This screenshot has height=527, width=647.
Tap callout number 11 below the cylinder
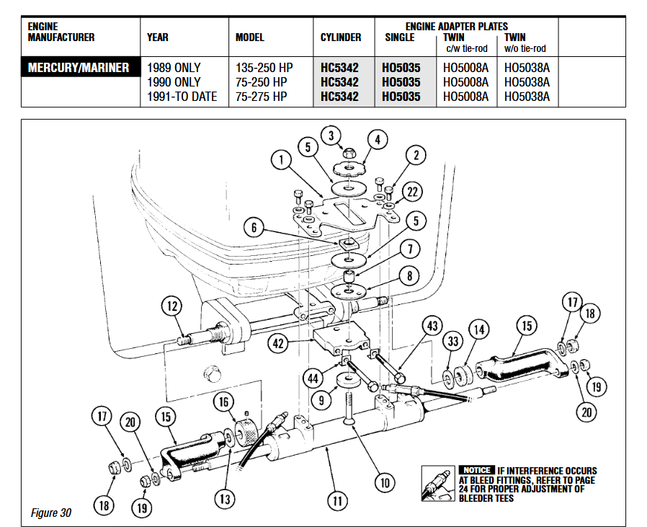pyautogui.click(x=337, y=499)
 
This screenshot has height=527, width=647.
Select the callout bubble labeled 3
pyautogui.click(x=331, y=135)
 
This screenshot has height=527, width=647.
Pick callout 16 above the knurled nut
pyautogui.click(x=223, y=402)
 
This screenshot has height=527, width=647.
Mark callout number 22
pyautogui.click(x=412, y=192)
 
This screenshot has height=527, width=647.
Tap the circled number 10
pyautogui.click(x=384, y=481)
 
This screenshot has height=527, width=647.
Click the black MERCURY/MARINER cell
pyautogui.click(x=79, y=68)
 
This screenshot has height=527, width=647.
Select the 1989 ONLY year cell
pyautogui.click(x=174, y=68)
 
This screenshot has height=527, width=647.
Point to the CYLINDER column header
pyautogui.click(x=341, y=37)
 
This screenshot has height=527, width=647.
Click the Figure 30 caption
pyautogui.click(x=51, y=513)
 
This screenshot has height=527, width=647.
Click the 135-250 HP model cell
pyautogui.click(x=263, y=68)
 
